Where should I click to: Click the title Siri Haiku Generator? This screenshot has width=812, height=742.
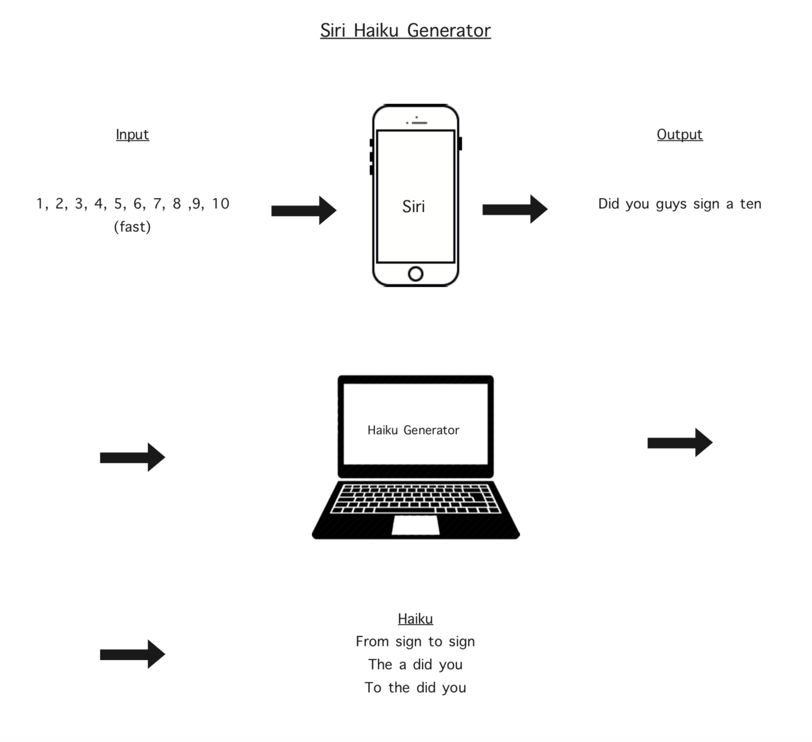tap(405, 30)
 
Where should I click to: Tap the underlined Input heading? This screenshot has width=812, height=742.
tap(132, 134)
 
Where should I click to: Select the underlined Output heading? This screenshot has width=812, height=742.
tap(680, 134)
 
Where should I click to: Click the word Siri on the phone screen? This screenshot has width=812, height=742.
tap(414, 206)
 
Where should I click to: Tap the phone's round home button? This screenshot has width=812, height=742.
tap(416, 274)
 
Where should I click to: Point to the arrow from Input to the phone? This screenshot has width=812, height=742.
tap(304, 210)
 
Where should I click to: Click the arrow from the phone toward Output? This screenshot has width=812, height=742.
tap(515, 209)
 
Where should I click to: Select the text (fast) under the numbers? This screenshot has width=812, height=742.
tap(132, 227)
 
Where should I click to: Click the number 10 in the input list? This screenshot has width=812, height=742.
tap(220, 204)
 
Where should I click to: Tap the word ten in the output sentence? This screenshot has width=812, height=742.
tap(750, 204)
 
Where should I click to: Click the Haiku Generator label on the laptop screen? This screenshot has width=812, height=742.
tap(413, 430)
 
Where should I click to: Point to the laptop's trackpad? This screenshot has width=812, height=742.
tap(416, 525)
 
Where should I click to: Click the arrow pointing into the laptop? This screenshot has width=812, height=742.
tap(133, 457)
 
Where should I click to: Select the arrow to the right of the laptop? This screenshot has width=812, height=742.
tap(680, 442)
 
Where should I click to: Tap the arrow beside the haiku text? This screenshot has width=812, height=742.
tap(133, 654)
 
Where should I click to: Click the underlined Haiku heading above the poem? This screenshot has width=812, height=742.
tap(415, 619)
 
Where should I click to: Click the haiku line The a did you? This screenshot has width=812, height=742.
tap(415, 665)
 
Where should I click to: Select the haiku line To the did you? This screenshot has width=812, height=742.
tap(415, 688)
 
